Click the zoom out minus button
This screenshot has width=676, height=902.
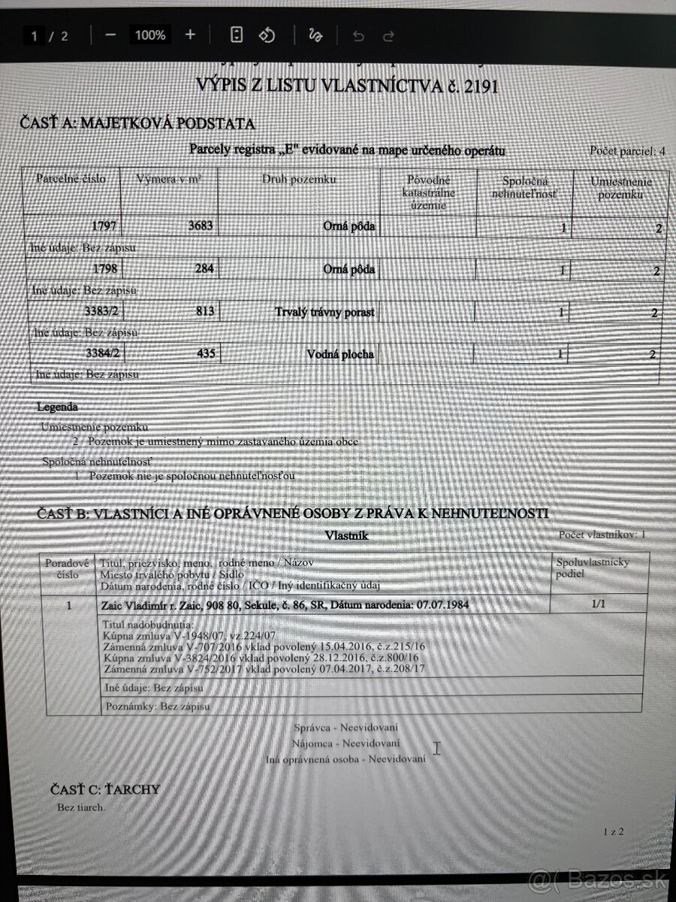click(110, 35)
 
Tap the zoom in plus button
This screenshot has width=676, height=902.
click(190, 35)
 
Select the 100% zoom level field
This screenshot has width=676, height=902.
click(150, 35)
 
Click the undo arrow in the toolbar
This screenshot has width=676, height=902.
click(358, 35)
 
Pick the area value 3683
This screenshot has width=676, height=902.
click(198, 225)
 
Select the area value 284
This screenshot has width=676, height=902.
click(203, 268)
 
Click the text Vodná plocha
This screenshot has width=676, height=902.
click(340, 354)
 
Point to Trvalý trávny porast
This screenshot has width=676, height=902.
click(324, 311)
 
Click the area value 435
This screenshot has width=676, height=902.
click(203, 353)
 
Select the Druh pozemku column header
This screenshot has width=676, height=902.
click(299, 180)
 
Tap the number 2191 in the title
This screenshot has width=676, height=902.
click(481, 86)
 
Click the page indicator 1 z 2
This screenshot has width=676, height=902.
click(613, 831)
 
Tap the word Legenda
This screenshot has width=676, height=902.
click(57, 407)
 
